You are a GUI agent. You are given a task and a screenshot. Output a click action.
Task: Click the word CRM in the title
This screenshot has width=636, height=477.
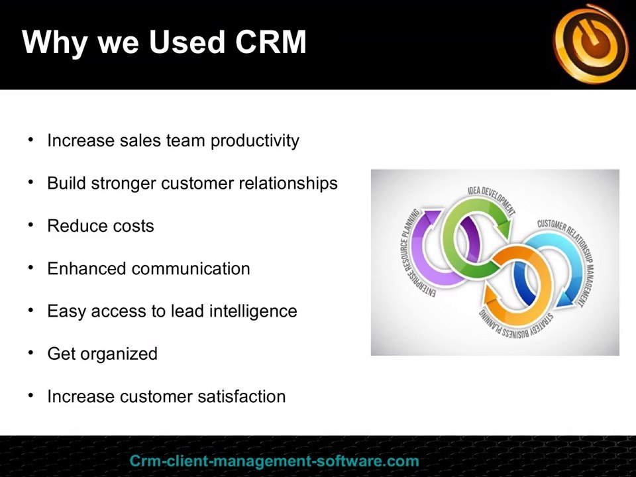coord(270,42)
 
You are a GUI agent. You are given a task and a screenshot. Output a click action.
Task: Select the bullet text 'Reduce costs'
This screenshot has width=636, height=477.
coord(101,226)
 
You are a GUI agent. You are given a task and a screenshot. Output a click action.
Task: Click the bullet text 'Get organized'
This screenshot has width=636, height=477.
coord(102,354)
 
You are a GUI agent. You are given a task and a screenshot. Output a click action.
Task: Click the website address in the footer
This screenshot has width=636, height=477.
coord(274,461)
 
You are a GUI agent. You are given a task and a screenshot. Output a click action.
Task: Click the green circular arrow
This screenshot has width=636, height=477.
coord(464,232)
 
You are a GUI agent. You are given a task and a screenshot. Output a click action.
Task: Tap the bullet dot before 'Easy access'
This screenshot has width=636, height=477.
coord(30,311)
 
